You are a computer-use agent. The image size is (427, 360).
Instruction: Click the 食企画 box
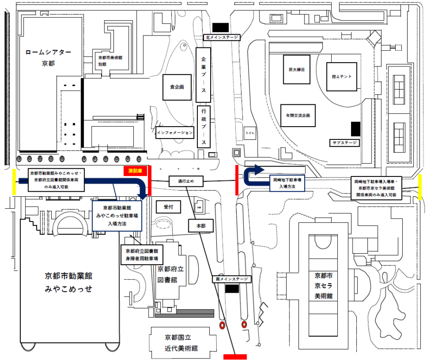pos(177,87)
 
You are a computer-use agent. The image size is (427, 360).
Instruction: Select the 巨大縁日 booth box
pos(296,69)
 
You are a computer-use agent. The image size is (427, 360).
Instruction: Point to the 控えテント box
pos(342,75)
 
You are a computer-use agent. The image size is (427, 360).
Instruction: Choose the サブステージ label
pos(344,142)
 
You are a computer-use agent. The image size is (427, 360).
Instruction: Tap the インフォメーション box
pos(176,132)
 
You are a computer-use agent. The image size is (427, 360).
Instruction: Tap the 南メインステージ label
pos(231,279)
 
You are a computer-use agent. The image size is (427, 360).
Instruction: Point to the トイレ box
pos(250,134)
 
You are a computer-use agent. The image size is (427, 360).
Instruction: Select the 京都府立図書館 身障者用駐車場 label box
pos(141,255)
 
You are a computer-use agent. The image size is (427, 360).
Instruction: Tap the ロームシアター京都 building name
pos(48,57)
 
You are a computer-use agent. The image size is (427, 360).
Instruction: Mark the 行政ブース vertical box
pos(204,126)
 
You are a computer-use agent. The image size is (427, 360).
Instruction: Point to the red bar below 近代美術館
pos(235,356)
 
